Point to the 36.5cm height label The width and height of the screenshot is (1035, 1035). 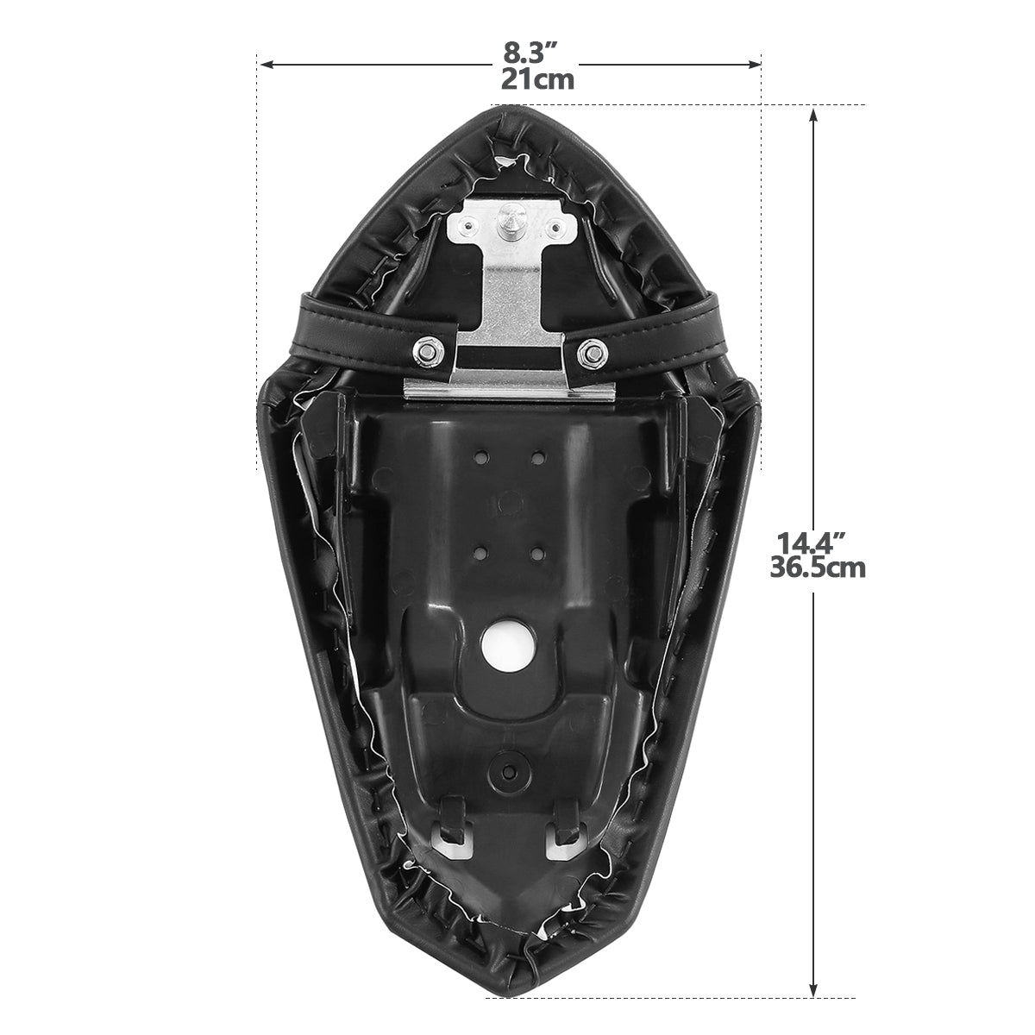[818, 568]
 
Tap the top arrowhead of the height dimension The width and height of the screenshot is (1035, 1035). [813, 116]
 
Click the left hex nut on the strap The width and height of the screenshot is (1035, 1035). [430, 353]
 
